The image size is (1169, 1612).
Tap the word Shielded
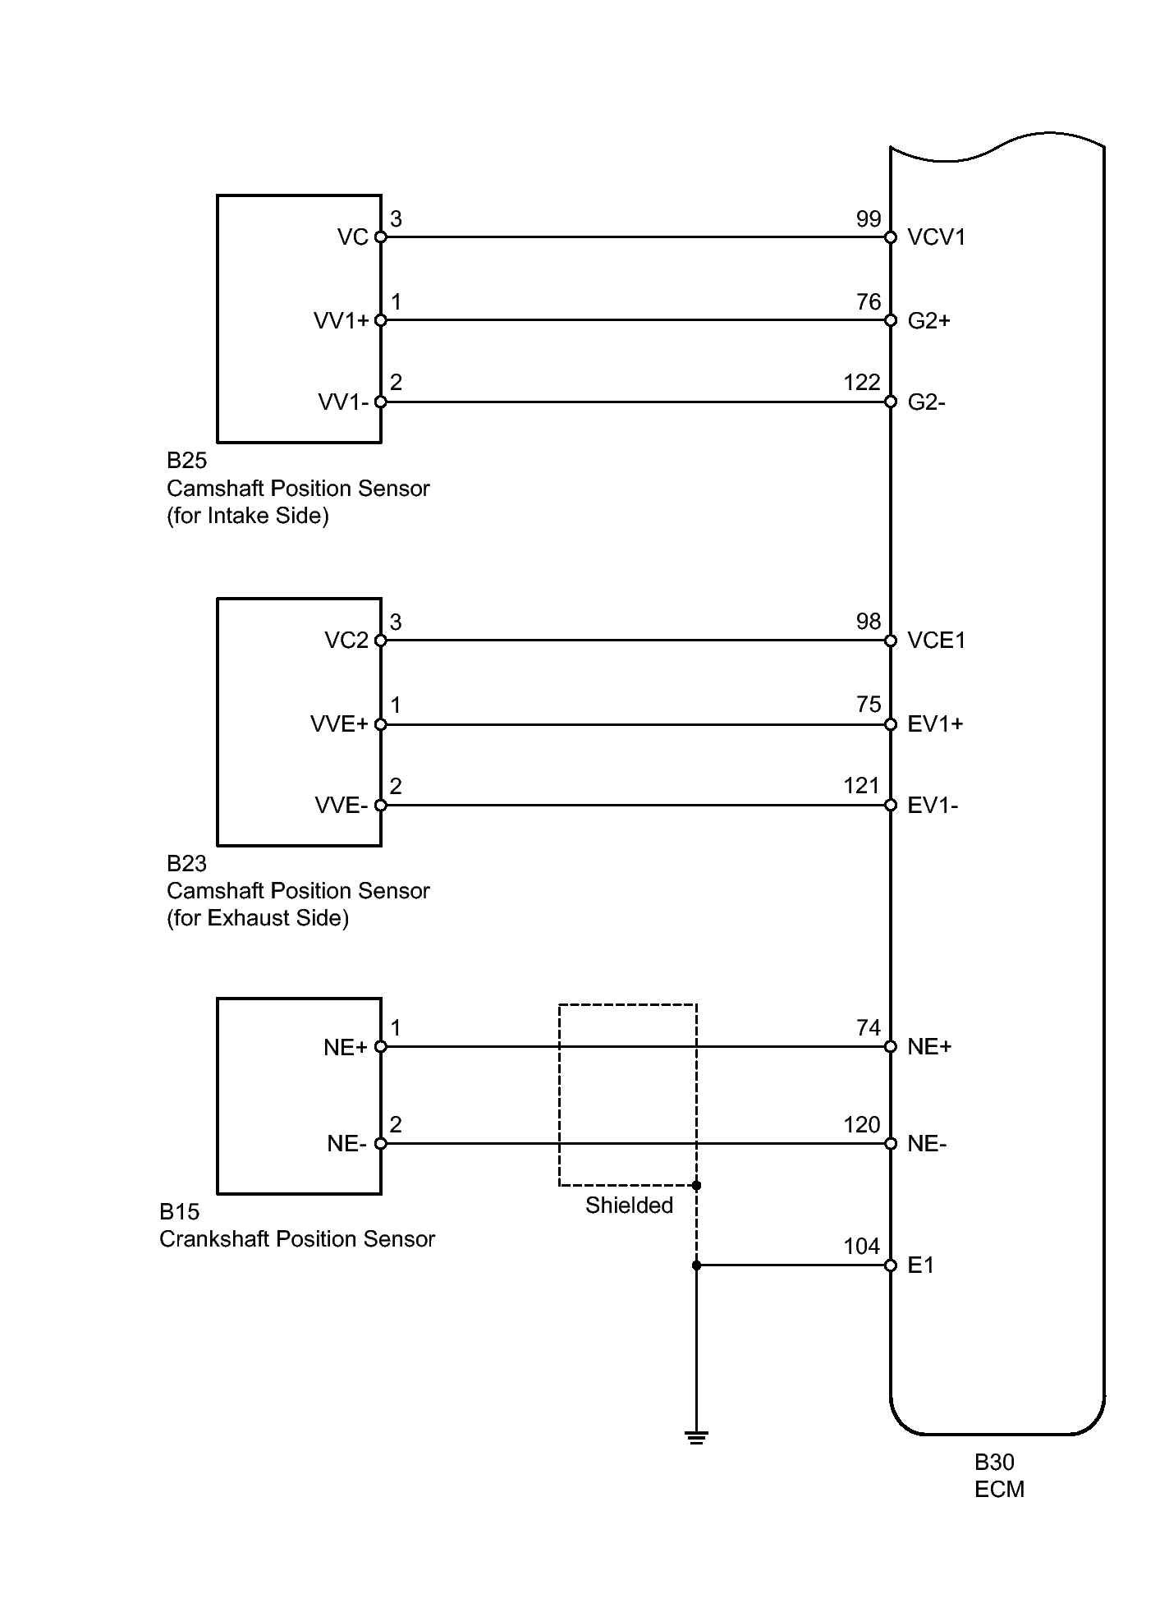pos(629,1206)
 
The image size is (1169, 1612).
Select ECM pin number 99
pos(869,218)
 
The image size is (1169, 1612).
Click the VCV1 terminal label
pos(937,237)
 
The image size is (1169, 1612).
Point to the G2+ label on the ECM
pos(929,320)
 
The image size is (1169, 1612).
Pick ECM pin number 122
pos(862,382)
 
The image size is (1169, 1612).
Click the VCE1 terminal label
pos(937,641)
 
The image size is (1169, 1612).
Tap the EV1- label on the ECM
pos(933,806)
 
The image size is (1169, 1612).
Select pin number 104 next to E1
pos(862,1246)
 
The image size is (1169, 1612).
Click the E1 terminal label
pos(921,1265)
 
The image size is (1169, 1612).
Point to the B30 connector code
pos(994,1463)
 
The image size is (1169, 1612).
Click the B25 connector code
pos(187,461)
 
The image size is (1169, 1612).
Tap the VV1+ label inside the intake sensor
pos(342,320)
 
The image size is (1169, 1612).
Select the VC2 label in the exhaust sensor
pos(346,641)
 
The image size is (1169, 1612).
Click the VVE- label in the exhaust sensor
pos(342,806)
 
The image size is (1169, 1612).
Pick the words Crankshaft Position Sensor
pos(297,1239)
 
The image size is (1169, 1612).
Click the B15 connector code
pos(180,1212)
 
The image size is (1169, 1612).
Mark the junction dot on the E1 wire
pos(696,1265)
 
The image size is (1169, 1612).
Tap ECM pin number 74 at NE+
pos(869,1027)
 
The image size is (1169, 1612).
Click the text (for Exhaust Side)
pos(258,918)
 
